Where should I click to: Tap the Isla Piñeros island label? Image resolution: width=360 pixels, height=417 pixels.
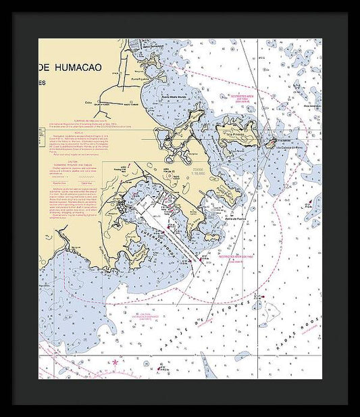pyautogui.click(x=236, y=134)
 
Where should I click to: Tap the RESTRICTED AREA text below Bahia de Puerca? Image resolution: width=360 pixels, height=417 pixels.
pyautogui.click(x=235, y=257)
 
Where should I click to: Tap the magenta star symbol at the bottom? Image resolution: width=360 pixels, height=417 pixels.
pyautogui.click(x=115, y=363)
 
